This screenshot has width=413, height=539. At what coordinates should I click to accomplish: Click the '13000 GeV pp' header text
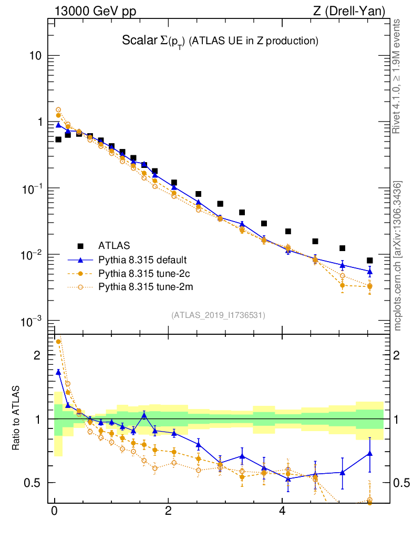pyautogui.click(x=94, y=10)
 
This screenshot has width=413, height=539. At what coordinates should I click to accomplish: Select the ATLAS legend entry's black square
pyautogui.click(x=80, y=246)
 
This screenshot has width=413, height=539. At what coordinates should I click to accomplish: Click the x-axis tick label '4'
pyautogui.click(x=282, y=511)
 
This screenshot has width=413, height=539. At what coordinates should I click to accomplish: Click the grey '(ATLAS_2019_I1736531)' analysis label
pyautogui.click(x=218, y=315)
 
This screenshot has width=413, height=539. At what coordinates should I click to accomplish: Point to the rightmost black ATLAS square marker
pyautogui.click(x=370, y=261)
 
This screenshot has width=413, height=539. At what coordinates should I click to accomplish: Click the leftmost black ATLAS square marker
pyautogui.click(x=58, y=139)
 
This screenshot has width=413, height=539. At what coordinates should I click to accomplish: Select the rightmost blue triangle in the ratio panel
pyautogui.click(x=370, y=453)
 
